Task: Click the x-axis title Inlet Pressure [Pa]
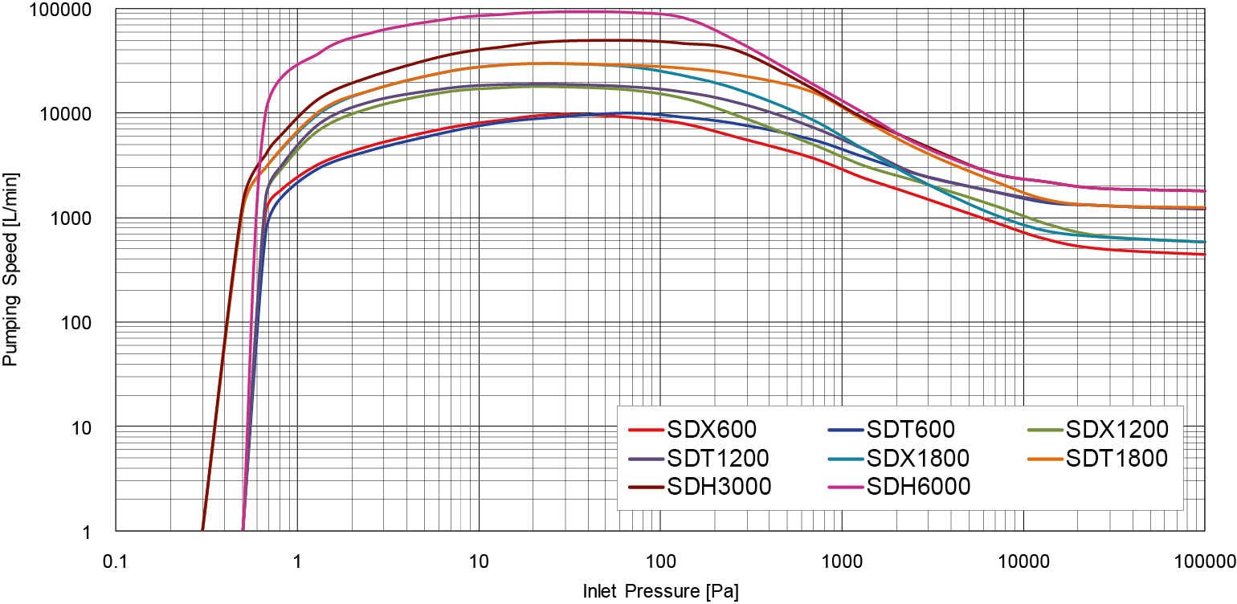point(660,593)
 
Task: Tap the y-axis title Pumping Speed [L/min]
point(10,269)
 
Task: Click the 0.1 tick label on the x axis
point(116,559)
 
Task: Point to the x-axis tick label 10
point(479,559)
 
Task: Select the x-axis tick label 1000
point(841,559)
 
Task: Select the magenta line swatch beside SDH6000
point(845,486)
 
